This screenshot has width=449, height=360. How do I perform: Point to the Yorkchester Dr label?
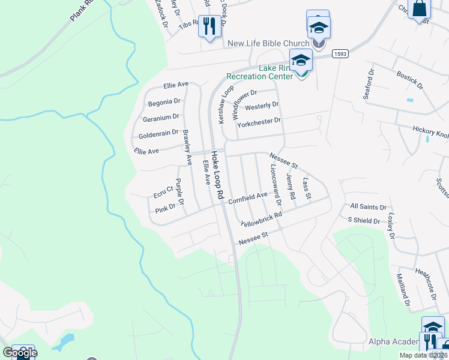point(259,121)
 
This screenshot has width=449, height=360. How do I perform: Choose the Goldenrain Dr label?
point(159,133)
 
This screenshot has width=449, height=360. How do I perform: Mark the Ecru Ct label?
point(163,191)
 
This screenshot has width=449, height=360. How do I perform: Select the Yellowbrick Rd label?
point(261,219)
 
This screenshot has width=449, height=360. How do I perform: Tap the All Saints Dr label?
point(368,207)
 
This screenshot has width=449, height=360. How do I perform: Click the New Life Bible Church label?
point(268,43)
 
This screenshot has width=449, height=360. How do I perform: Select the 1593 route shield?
point(339,53)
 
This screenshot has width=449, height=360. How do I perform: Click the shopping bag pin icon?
point(419,10)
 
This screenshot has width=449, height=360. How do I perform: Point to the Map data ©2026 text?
point(423,355)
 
